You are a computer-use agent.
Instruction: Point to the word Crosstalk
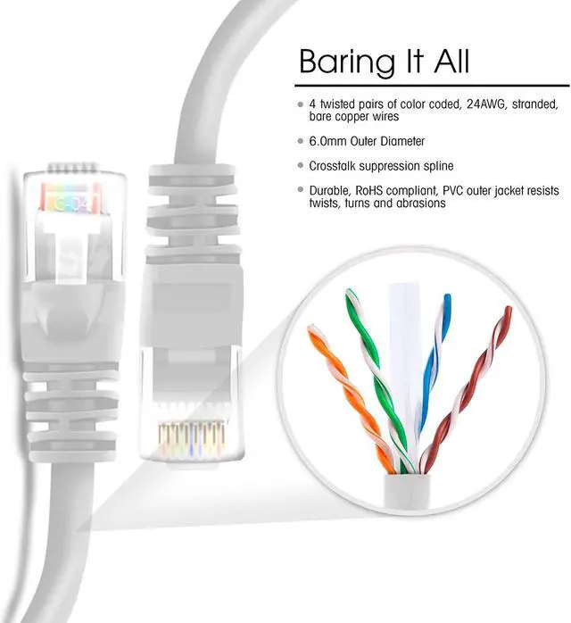[335, 165]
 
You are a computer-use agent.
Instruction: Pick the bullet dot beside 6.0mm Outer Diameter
[301, 141]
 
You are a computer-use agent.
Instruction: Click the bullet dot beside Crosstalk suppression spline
[301, 166]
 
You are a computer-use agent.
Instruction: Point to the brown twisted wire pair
[477, 384]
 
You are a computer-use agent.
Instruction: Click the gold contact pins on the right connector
[189, 435]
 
